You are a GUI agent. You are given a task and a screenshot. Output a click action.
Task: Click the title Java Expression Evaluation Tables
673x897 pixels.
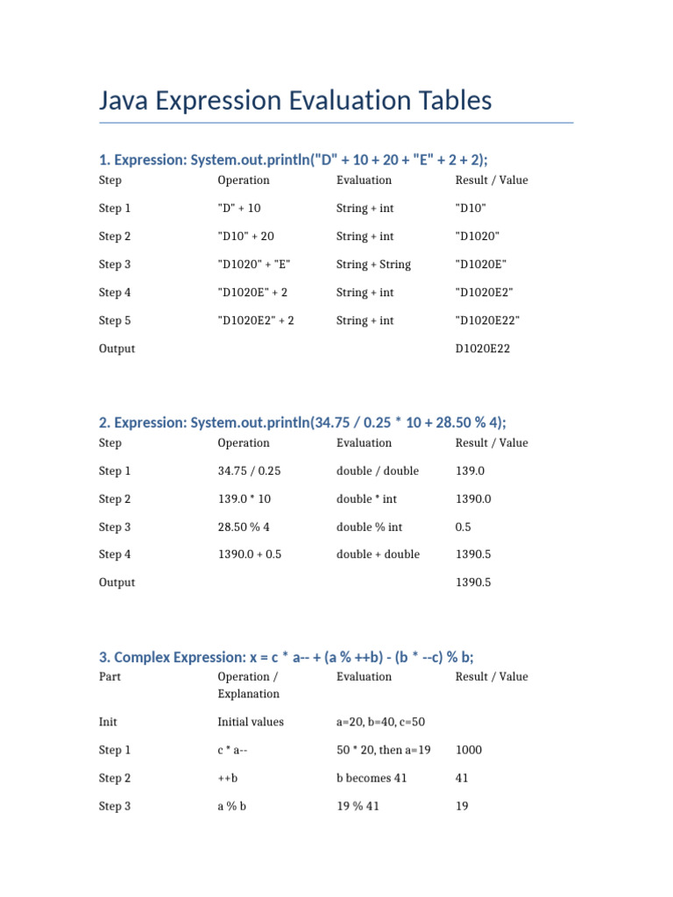pyautogui.click(x=295, y=101)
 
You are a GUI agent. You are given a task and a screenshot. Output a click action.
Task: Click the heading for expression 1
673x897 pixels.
pyautogui.click(x=294, y=159)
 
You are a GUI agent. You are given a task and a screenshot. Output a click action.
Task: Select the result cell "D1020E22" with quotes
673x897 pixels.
pyautogui.click(x=487, y=321)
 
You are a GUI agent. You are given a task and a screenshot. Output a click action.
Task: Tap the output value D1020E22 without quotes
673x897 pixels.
pyautogui.click(x=483, y=349)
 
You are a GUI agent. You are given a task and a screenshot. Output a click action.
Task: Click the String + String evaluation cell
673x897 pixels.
pyautogui.click(x=373, y=265)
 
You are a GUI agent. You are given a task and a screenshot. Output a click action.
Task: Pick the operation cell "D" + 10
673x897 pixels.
pyautogui.click(x=239, y=208)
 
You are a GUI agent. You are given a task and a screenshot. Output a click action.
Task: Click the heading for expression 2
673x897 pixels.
pyautogui.click(x=302, y=421)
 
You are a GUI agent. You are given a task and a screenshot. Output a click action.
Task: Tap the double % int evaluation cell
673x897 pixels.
pyautogui.click(x=372, y=527)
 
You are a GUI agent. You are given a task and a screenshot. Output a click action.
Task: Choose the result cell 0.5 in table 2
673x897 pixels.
pyautogui.click(x=464, y=527)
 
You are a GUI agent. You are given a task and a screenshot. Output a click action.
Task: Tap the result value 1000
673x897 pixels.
pyautogui.click(x=469, y=751)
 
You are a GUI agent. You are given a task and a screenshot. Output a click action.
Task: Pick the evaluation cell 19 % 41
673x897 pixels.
pyautogui.click(x=358, y=806)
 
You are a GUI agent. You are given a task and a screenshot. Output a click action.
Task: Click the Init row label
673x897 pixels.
pyautogui.click(x=109, y=723)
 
